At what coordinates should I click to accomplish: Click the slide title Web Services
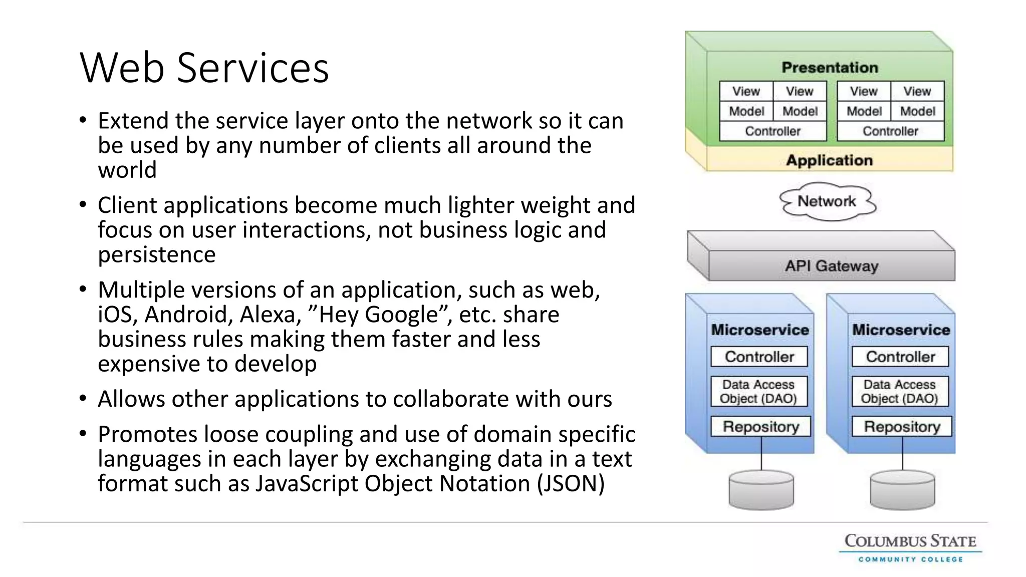[204, 68]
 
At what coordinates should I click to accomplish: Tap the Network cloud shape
[827, 201]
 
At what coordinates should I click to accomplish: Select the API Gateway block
[831, 265]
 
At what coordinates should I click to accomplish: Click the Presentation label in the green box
[830, 67]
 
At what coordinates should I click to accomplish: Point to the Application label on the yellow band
[829, 160]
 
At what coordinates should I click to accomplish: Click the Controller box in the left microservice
[759, 357]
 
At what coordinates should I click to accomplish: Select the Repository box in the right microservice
[901, 427]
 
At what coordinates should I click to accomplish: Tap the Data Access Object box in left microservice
[758, 391]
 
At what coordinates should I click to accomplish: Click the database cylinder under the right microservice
[902, 489]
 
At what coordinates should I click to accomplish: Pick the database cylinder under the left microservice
[761, 489]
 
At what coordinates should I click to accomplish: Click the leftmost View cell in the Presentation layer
[746, 91]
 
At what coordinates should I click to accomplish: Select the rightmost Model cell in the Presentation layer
[917, 111]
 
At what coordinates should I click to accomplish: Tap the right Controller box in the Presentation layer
[890, 131]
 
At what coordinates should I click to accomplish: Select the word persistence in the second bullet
[156, 254]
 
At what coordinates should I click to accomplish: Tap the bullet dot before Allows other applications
[83, 399]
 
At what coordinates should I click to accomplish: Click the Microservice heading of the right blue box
[901, 330]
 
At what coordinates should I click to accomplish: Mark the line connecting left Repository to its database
[761, 453]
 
